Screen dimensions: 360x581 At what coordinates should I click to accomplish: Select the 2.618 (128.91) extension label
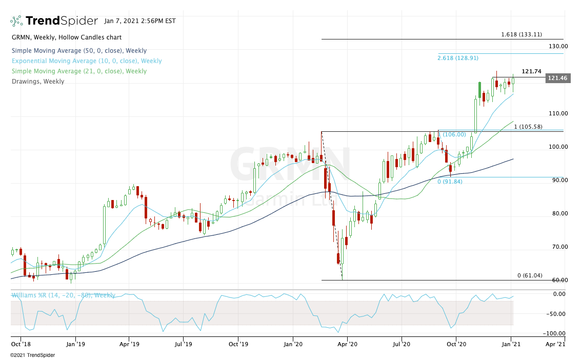click(x=458, y=58)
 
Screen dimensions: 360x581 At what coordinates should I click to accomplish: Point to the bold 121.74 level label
click(x=532, y=72)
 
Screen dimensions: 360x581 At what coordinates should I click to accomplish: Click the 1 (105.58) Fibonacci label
click(x=528, y=127)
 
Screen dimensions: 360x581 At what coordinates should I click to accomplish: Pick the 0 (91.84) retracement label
click(x=450, y=182)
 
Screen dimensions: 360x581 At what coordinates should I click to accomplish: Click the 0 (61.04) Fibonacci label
click(x=530, y=276)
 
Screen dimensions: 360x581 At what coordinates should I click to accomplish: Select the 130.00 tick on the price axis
click(x=557, y=46)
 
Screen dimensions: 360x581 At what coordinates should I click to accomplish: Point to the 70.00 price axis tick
click(x=557, y=247)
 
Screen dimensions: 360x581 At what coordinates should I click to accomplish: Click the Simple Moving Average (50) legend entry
click(x=79, y=51)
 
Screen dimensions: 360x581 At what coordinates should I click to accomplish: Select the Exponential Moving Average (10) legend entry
click(x=87, y=61)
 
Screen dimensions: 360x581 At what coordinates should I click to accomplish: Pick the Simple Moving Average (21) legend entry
click(x=79, y=71)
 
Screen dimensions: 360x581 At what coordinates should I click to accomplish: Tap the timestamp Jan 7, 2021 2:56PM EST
click(x=139, y=21)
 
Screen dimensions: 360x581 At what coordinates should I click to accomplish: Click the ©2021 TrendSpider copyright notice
click(x=32, y=355)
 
